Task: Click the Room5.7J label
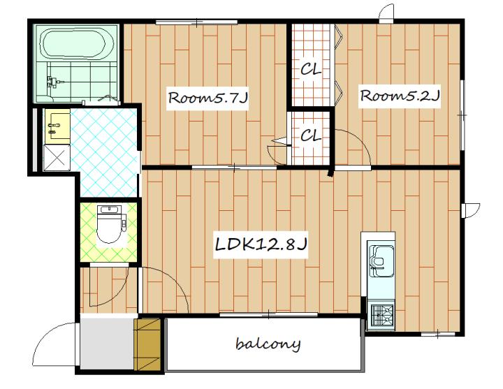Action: click(208, 98)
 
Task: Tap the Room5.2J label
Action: click(399, 96)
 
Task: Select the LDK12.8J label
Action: click(261, 245)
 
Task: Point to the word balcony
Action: click(268, 344)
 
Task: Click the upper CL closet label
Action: click(310, 69)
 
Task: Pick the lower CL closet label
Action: click(310, 135)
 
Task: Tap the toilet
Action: click(110, 225)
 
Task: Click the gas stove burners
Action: click(382, 314)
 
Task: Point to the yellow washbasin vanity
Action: click(57, 126)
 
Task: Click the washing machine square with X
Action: click(57, 157)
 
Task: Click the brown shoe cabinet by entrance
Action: click(147, 344)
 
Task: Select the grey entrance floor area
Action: click(107, 343)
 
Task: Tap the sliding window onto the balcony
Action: click(268, 315)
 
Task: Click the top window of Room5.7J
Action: click(196, 22)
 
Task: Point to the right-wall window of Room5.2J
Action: click(462, 115)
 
